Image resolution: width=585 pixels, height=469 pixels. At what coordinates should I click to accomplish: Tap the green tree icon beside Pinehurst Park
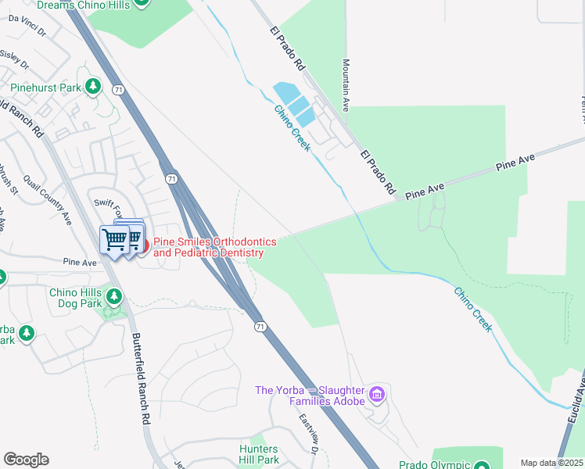click(93, 86)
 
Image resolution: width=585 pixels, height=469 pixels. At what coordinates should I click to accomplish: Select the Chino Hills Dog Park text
click(75, 298)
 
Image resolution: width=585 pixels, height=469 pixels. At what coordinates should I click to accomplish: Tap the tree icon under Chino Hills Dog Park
click(114, 296)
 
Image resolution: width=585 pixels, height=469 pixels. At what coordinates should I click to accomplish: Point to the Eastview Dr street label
click(309, 435)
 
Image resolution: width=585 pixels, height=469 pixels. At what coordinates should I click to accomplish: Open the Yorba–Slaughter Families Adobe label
click(310, 396)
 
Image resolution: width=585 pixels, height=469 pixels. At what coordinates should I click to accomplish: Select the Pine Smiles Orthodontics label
click(208, 247)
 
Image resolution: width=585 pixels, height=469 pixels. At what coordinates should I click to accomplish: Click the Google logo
click(26, 460)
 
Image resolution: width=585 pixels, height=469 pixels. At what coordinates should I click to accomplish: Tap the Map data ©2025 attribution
click(551, 463)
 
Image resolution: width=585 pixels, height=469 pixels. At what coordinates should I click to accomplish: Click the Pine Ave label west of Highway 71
click(80, 263)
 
